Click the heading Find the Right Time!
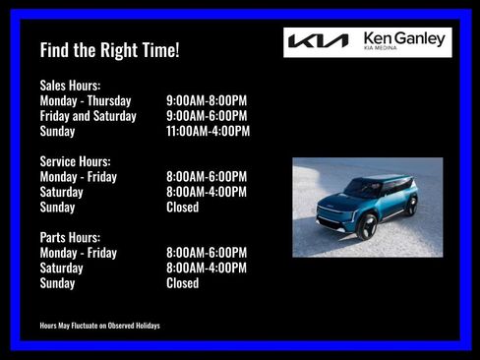[109, 49]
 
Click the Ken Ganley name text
[405, 37]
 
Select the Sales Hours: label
[70, 86]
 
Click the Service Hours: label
[75, 161]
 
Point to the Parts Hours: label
[71, 237]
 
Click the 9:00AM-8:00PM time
[207, 100]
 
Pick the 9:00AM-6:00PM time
[207, 116]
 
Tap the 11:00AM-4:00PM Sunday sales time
[209, 131]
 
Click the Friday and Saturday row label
[88, 116]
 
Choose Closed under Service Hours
[182, 208]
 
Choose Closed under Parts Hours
[182, 283]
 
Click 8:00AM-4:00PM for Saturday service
[207, 192]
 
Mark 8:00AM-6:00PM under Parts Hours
[207, 253]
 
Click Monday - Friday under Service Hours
[78, 177]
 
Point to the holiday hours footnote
[99, 326]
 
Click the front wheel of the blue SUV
[368, 226]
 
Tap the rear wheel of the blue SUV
[411, 206]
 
